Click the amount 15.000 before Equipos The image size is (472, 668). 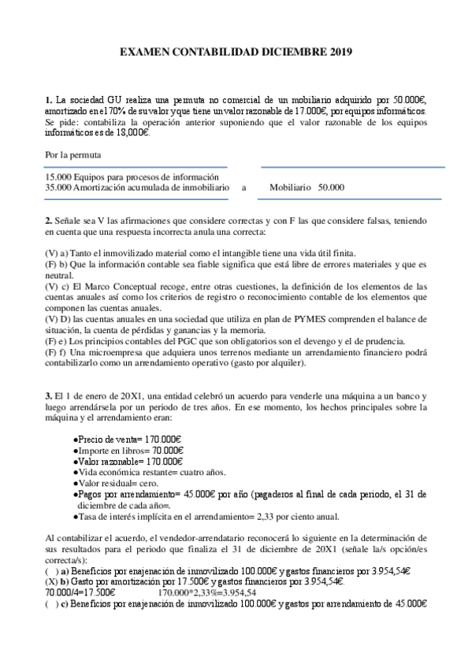[x=58, y=177]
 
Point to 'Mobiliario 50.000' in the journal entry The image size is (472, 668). [x=307, y=187]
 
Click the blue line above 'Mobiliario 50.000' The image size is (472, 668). [x=352, y=167]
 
